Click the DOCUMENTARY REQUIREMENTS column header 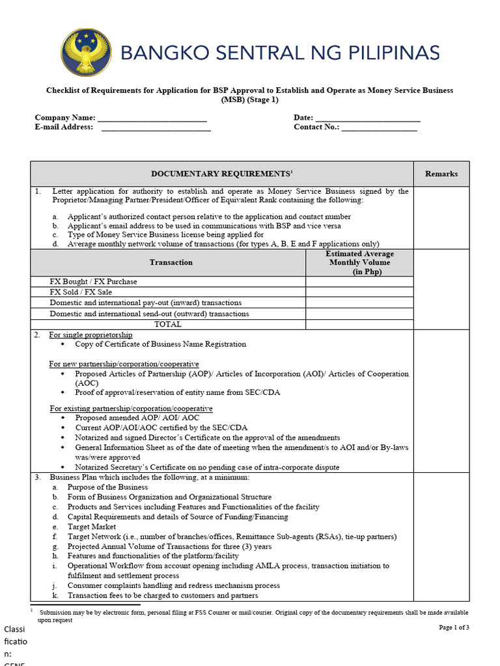pyautogui.click(x=221, y=174)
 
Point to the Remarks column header pyautogui.click(x=441, y=174)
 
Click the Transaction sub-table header pyautogui.click(x=171, y=262)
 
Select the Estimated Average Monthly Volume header pyautogui.click(x=359, y=263)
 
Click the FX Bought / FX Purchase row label pyautogui.click(x=93, y=282)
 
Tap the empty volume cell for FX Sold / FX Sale pyautogui.click(x=359, y=292)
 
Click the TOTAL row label pyautogui.click(x=168, y=324)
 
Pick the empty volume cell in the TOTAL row pyautogui.click(x=359, y=324)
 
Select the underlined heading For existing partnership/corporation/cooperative pyautogui.click(x=131, y=408)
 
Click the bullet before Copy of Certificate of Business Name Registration pyautogui.click(x=63, y=344)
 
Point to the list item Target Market pyautogui.click(x=92, y=527)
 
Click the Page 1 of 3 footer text pyautogui.click(x=454, y=627)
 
